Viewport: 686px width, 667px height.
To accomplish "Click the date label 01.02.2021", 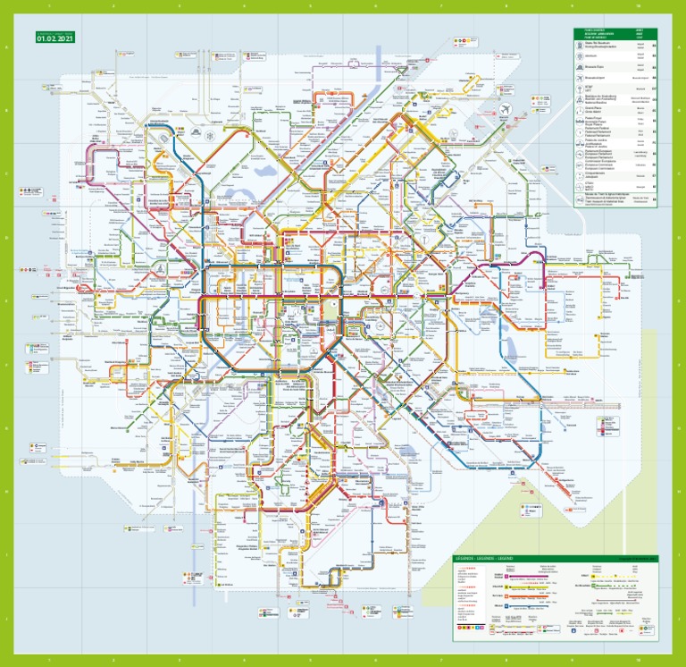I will point(53,38).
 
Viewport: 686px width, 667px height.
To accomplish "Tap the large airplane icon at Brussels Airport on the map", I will point(506,108).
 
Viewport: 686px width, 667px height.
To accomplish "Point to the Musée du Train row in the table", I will point(616,199).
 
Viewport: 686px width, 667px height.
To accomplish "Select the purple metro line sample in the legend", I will point(518,578).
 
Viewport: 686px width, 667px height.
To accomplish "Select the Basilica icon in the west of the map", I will point(158,267).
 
